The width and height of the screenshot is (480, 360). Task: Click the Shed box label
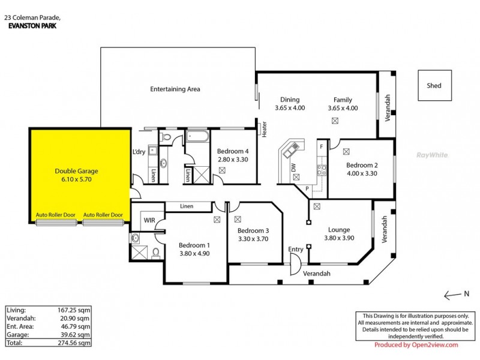click(x=434, y=86)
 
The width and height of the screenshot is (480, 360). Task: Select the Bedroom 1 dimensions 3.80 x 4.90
click(x=194, y=253)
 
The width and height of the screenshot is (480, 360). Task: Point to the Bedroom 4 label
click(x=233, y=151)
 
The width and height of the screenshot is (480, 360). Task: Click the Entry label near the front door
click(x=296, y=250)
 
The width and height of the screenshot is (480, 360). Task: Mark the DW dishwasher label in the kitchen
click(x=294, y=169)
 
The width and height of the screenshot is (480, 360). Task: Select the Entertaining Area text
click(x=175, y=89)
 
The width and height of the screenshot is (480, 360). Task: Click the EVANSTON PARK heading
click(x=30, y=26)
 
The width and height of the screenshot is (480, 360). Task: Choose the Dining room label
click(x=290, y=100)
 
